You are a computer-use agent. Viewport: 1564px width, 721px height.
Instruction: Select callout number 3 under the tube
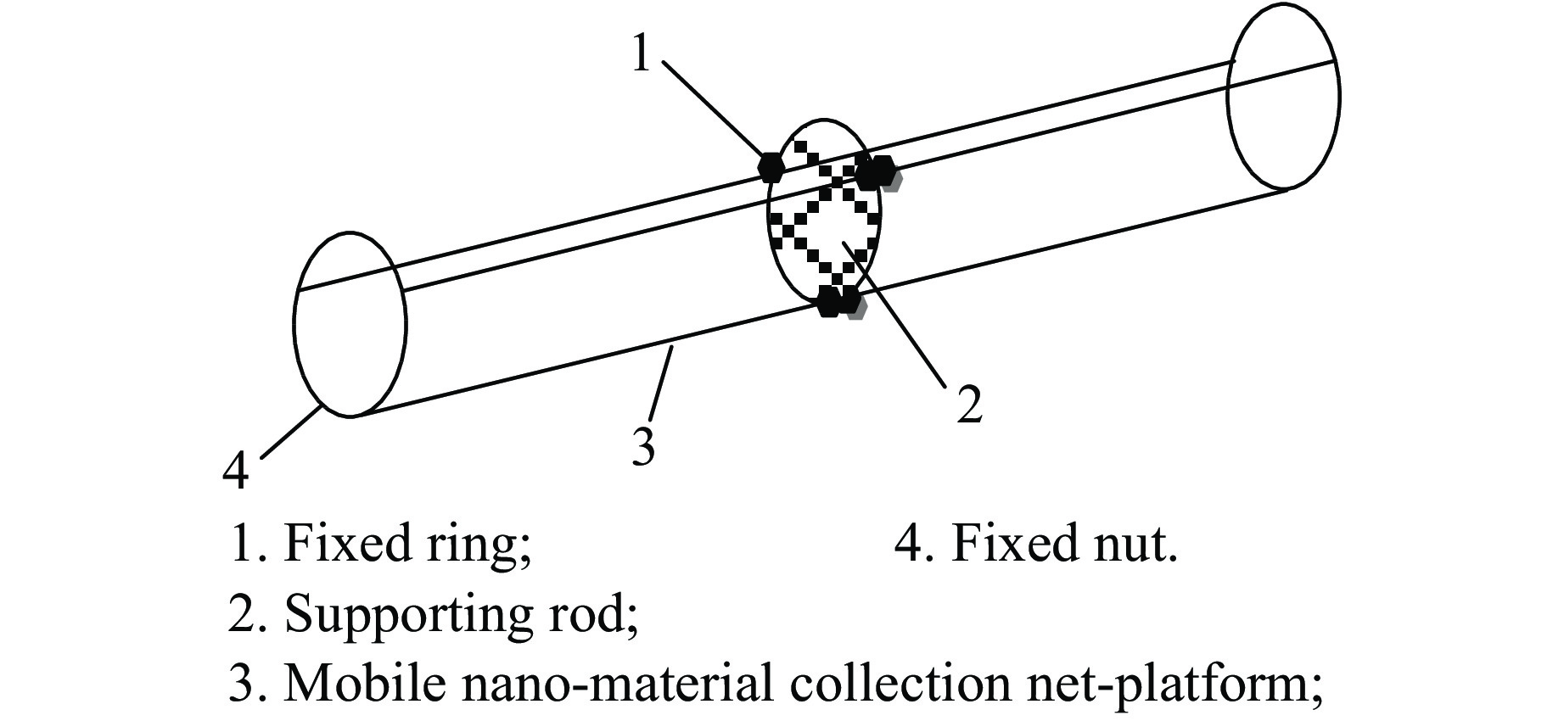coord(644,446)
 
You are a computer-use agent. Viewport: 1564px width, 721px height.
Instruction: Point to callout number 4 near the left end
coord(235,470)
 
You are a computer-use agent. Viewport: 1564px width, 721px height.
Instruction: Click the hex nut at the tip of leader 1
coord(771,166)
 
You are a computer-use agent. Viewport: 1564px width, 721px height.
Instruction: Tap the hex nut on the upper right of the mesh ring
coord(875,172)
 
